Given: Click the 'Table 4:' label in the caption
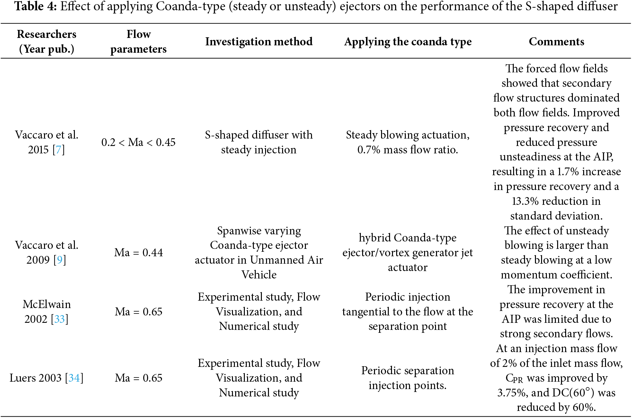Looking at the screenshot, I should (36, 6).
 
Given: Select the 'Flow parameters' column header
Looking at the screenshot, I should (138, 41).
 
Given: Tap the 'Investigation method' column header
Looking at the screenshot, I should (259, 41).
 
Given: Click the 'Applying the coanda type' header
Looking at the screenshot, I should (408, 41).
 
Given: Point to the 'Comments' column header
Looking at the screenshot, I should (556, 41).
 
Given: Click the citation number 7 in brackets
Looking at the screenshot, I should (58, 150).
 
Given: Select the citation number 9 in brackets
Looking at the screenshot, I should (60, 260).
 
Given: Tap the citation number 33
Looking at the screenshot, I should (59, 319).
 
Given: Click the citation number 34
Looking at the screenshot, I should (74, 378).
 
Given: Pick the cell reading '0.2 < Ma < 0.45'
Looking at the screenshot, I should (138, 142).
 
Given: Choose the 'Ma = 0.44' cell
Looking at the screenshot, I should (138, 253).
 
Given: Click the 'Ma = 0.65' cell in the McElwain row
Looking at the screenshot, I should (138, 312).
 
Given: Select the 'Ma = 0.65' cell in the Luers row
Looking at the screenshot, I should (138, 378).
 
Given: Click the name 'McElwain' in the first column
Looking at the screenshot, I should (47, 304).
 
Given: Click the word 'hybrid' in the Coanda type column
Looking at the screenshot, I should (375, 238).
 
